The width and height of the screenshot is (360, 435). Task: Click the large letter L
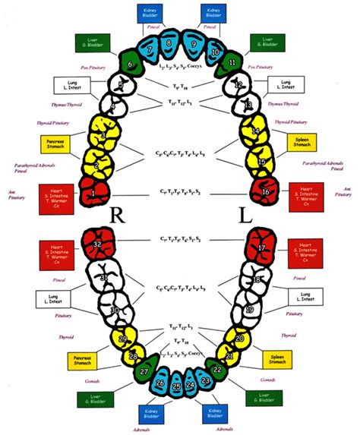[x=245, y=216]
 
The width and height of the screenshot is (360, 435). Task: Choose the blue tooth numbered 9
[x=194, y=46]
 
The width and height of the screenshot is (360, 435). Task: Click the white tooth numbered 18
[x=257, y=280]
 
